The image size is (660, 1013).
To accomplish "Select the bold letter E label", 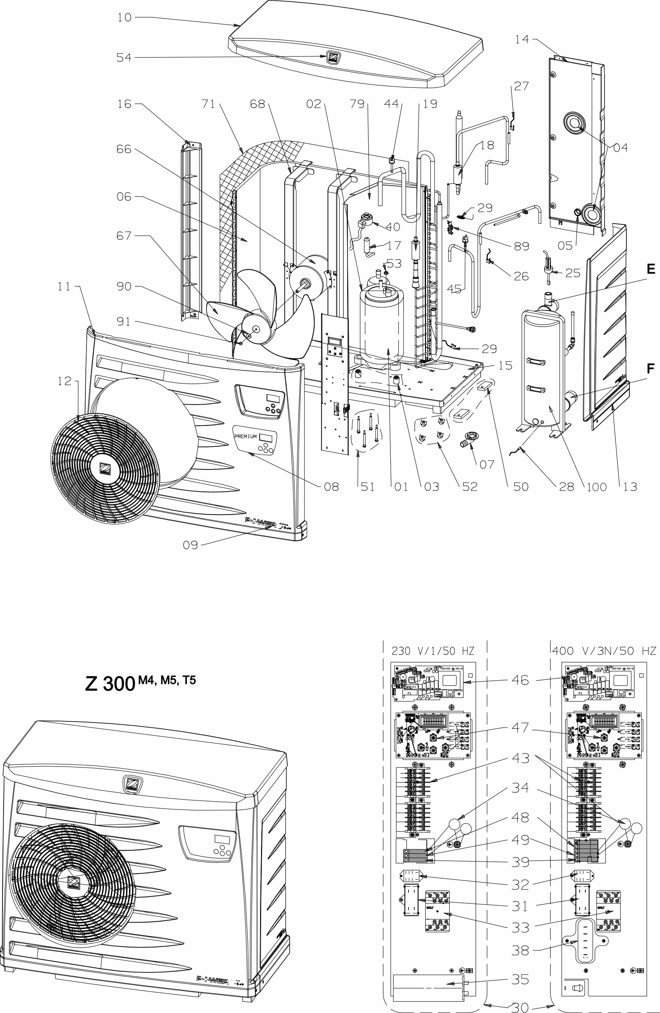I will (x=651, y=269).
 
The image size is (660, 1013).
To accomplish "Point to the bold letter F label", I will (x=651, y=369).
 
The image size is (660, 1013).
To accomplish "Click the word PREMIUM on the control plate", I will (x=246, y=436).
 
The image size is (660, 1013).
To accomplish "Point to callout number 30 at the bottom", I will (x=520, y=1006).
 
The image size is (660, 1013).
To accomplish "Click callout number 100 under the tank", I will (x=596, y=487).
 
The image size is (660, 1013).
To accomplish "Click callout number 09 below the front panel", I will (x=190, y=545).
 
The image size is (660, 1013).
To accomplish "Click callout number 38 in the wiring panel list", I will (x=520, y=947).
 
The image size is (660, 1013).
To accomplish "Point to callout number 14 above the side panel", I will (x=522, y=39).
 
